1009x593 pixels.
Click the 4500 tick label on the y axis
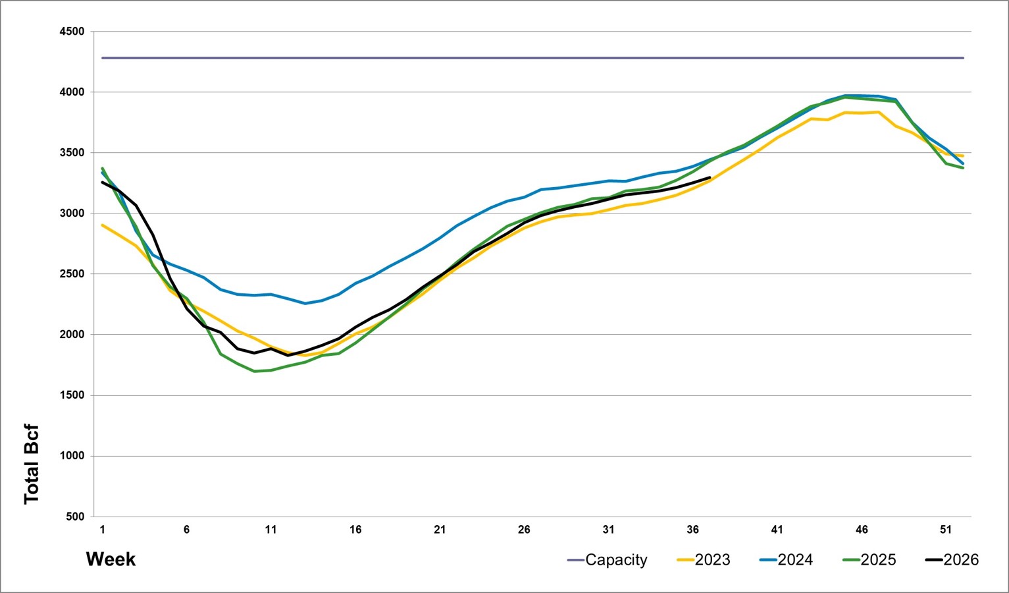pos(72,32)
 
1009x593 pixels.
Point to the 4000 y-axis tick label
pos(72,92)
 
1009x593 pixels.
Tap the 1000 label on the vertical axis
pos(72,456)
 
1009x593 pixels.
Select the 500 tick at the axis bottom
pos(75,517)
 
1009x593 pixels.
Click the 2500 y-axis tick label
pos(72,273)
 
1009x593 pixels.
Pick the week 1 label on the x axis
pos(103,529)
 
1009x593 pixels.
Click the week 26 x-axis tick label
pos(524,529)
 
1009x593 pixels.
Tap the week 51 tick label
pos(946,529)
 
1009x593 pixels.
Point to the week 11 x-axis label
pos(271,529)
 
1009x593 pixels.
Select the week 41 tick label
pos(777,529)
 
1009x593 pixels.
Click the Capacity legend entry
pos(608,560)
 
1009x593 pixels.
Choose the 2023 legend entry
pos(704,560)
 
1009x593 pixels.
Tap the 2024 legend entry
pos(787,560)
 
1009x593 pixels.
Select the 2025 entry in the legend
pos(869,560)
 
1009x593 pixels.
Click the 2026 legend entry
pos(952,560)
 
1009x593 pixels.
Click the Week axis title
pos(111,559)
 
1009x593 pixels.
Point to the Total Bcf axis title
pos(32,464)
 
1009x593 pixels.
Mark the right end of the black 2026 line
pos(710,178)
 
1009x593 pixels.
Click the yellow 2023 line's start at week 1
pos(103,225)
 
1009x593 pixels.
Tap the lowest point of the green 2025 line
pos(255,371)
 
